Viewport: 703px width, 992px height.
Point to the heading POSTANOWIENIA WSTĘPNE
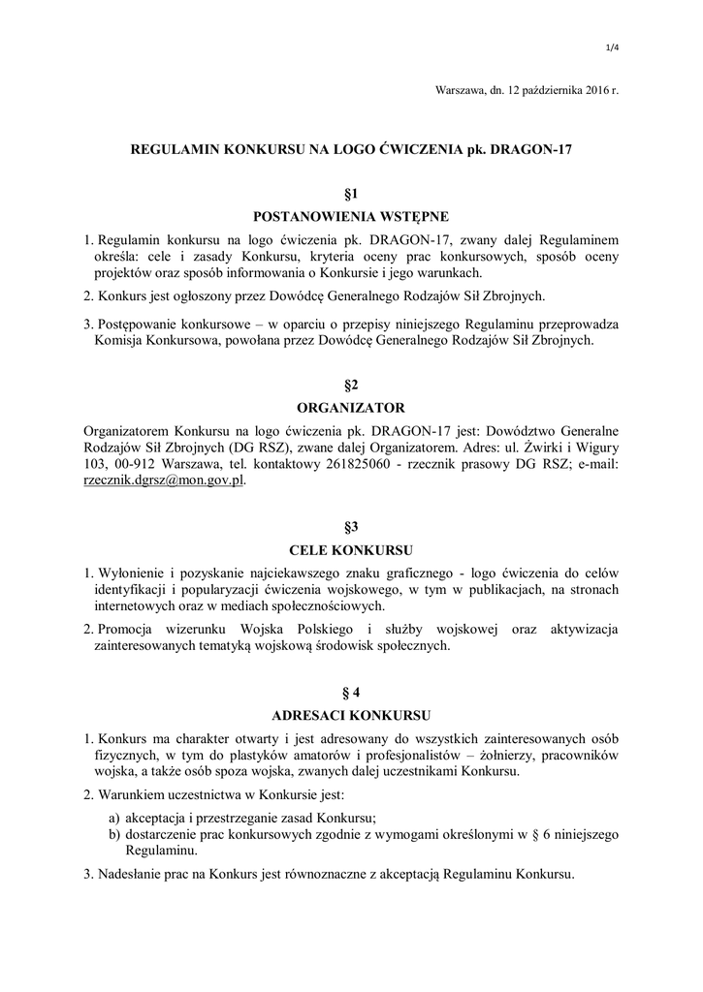pos(351,216)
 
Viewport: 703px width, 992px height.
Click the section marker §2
pos(351,385)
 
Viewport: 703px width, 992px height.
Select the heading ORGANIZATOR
pos(351,408)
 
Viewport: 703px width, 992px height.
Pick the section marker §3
pos(351,527)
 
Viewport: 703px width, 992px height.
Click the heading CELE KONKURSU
pos(351,550)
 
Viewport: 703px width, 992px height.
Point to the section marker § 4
pos(351,693)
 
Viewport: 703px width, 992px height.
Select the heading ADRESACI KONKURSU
pos(351,717)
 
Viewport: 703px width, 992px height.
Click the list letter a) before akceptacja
pos(114,817)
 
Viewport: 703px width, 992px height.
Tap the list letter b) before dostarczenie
pos(114,834)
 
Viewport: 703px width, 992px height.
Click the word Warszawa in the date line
pos(463,90)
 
